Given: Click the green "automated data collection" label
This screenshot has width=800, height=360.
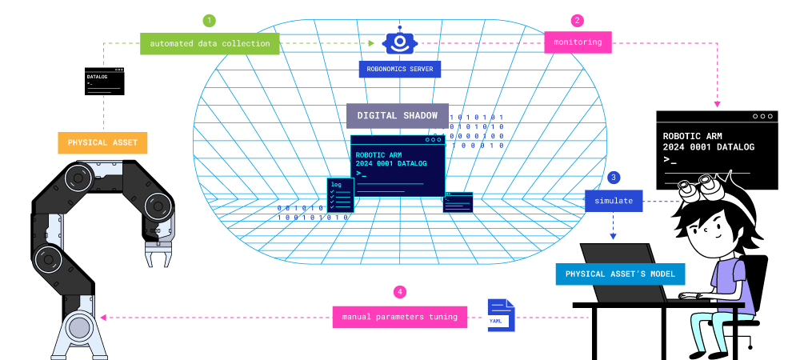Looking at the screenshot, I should (x=210, y=43).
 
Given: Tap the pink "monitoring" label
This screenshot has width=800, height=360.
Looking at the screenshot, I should (x=578, y=42).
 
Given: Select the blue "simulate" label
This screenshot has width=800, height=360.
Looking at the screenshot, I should (x=614, y=201).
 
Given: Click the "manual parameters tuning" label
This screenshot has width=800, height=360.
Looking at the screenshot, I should (x=399, y=317).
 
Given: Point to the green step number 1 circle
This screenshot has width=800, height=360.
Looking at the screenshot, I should (x=210, y=20).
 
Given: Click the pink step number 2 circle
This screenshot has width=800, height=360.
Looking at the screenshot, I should (x=578, y=20).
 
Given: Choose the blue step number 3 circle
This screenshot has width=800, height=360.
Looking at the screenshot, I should (x=614, y=178).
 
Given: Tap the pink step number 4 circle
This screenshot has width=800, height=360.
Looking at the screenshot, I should (x=399, y=292).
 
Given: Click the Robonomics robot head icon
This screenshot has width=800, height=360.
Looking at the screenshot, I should (x=398, y=41).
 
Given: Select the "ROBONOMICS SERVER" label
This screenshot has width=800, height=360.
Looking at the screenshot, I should (x=399, y=70).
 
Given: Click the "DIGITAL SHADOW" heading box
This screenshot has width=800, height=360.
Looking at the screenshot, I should (x=397, y=115).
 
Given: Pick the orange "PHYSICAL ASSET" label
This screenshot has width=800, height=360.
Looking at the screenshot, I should (x=102, y=143).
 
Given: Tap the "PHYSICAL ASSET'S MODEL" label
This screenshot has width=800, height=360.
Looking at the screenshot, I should (x=620, y=274).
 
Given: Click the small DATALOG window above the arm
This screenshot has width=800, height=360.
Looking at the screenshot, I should (x=104, y=82).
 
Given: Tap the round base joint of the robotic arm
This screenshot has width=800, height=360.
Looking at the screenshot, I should (x=78, y=328).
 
